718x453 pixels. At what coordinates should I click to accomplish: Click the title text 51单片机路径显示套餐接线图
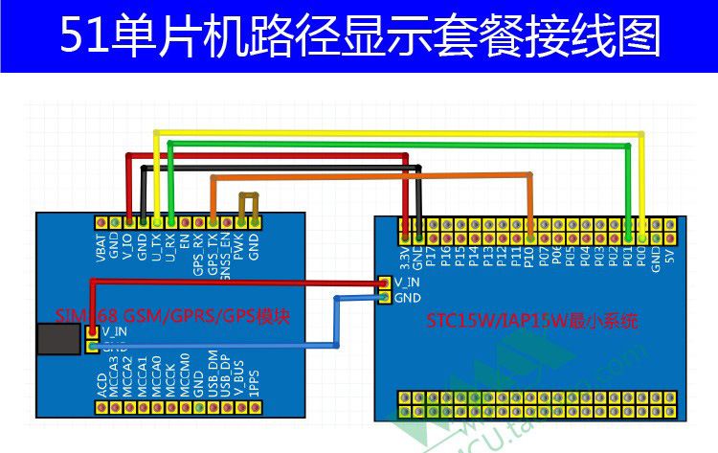coord(359,36)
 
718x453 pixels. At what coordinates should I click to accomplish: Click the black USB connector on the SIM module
coord(59,340)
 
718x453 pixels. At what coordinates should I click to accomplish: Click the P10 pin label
coord(529,255)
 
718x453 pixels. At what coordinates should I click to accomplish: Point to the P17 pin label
coord(432,255)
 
